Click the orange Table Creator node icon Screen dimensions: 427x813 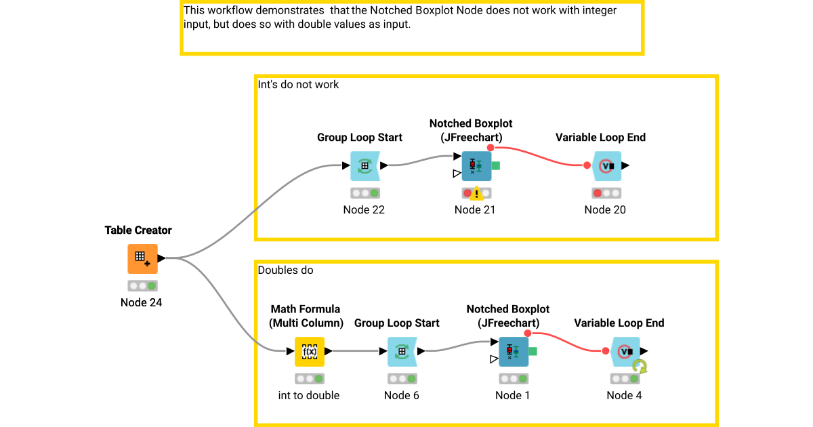coord(142,258)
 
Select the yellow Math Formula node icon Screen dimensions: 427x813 coord(310,351)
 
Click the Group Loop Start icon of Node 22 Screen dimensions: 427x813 coord(364,165)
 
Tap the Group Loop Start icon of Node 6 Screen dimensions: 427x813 coord(402,351)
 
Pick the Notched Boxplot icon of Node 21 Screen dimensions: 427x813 coord(476,165)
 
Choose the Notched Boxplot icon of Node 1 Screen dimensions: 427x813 coord(513,351)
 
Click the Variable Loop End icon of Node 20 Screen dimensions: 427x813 coord(606,165)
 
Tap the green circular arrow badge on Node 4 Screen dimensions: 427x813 coord(640,367)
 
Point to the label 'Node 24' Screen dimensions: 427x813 coord(141,302)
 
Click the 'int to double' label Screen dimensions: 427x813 coord(309,395)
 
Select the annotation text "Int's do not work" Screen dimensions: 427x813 coord(299,85)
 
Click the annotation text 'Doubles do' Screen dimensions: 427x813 coord(285,270)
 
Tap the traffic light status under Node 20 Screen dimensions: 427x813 coord(606,193)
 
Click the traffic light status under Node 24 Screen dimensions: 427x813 coord(142,286)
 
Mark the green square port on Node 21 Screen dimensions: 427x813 coord(496,165)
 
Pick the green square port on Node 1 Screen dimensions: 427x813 coord(533,351)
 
